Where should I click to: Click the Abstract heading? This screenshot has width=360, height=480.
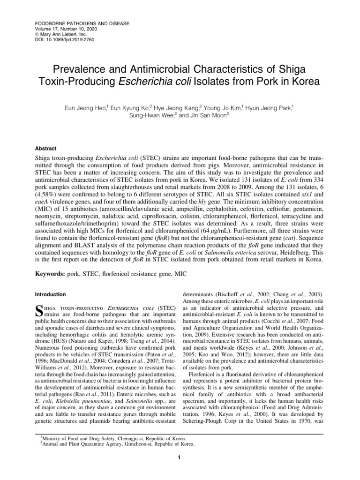tap(47, 147)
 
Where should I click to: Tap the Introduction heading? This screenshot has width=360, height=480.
tap(51, 294)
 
